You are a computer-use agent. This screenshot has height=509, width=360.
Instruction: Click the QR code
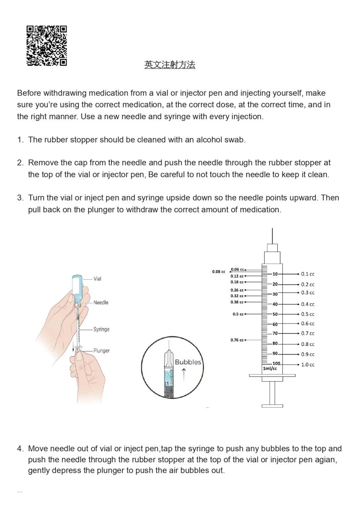[47, 46]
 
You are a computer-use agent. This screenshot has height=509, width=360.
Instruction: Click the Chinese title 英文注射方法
[170, 65]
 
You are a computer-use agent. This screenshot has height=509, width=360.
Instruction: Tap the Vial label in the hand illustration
[98, 279]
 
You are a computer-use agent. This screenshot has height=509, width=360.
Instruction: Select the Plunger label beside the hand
[102, 350]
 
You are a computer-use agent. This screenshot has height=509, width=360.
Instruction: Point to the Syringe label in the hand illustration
[101, 329]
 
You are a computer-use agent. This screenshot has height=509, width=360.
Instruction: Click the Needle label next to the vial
[101, 302]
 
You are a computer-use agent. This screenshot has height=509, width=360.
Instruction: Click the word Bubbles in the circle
[188, 362]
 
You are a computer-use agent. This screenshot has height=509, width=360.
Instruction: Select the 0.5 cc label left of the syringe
[238, 314]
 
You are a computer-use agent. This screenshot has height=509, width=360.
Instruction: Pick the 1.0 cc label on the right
[308, 365]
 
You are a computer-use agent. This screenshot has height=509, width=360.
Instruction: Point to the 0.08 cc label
[219, 271]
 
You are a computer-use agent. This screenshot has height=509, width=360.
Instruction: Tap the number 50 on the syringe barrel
[275, 314]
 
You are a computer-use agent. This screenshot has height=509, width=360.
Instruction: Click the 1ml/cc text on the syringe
[270, 369]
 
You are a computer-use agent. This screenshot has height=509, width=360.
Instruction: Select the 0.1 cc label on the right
[308, 274]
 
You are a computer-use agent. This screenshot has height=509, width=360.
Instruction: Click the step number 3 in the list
[20, 198]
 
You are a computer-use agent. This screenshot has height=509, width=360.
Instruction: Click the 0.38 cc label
[237, 302]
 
